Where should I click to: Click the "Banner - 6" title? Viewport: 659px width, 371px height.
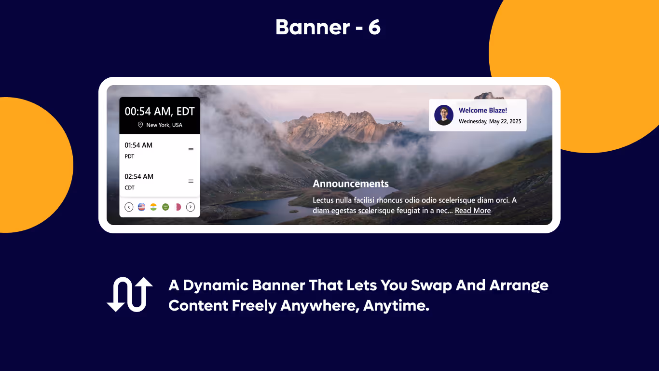328,28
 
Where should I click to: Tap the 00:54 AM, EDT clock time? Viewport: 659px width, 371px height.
160,112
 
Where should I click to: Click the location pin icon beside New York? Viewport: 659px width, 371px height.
140,125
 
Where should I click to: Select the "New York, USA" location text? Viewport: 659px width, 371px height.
164,125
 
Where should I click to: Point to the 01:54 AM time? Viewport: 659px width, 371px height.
138,145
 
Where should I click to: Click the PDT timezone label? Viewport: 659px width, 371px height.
129,157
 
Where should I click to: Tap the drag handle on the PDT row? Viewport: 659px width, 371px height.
191,150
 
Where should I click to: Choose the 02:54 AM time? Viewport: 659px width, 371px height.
139,176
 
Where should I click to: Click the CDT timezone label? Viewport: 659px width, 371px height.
129,188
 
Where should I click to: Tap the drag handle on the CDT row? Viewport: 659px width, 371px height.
191,181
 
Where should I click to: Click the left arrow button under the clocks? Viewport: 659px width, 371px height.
129,207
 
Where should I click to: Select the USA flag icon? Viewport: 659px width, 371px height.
141,207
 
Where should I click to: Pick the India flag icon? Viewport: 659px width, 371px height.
153,207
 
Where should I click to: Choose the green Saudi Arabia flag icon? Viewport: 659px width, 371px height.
165,207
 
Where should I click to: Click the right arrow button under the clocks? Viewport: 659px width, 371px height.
191,207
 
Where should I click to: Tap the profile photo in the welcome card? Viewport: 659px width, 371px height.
443,115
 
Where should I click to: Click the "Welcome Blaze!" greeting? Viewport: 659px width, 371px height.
482,111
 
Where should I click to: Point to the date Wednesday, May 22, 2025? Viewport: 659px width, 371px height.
490,121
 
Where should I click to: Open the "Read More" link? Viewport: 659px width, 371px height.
473,211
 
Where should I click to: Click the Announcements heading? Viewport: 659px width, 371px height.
351,184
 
